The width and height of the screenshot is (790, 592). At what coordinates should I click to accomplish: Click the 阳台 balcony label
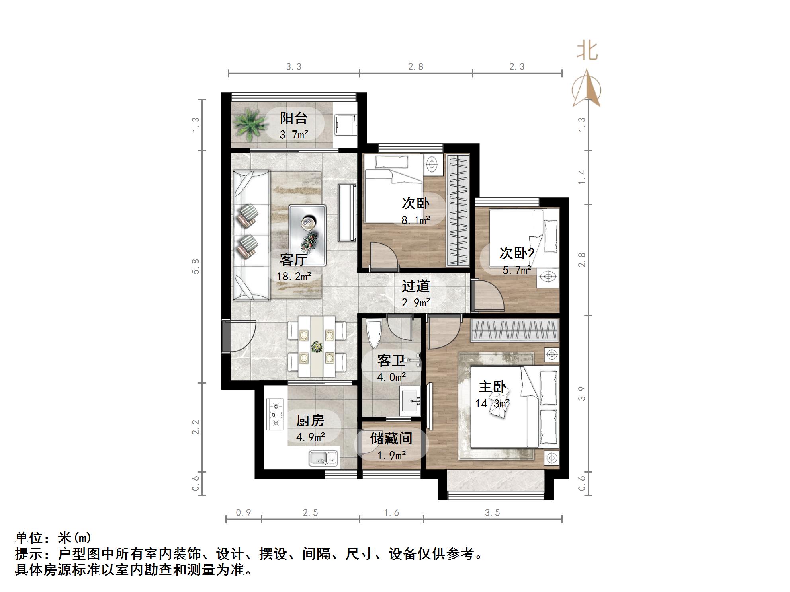(293, 118)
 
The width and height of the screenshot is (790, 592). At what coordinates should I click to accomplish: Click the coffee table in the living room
(307, 235)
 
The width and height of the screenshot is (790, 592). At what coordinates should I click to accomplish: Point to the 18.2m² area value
(294, 276)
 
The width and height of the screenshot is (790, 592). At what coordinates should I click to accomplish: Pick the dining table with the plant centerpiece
(317, 347)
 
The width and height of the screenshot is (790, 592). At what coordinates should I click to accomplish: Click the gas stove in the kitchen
(275, 415)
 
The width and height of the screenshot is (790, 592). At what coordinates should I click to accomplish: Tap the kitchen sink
(323, 458)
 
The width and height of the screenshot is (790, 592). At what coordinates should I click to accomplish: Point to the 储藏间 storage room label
(391, 438)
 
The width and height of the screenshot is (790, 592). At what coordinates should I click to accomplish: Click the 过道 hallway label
(416, 286)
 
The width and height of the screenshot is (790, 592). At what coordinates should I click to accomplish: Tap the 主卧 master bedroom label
(492, 387)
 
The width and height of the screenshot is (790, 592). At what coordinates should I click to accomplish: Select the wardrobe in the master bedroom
(514, 330)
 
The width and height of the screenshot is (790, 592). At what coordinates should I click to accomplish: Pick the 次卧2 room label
(517, 253)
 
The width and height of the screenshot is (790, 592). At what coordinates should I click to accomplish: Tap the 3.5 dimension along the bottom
(492, 513)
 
